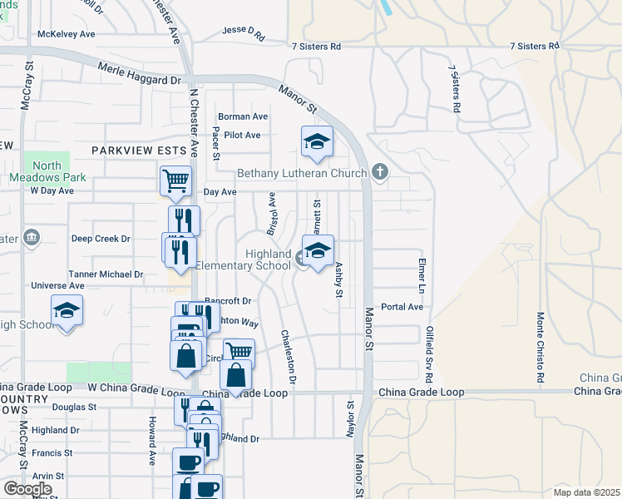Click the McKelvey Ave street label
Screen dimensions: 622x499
(x=67, y=34)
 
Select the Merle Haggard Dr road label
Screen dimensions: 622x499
(x=139, y=75)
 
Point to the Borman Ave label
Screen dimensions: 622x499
(x=243, y=116)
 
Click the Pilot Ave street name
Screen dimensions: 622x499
(x=242, y=135)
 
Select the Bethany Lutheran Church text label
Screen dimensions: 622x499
(x=302, y=174)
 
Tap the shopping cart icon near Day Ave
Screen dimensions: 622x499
(x=175, y=180)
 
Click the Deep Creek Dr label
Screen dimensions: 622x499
(x=101, y=239)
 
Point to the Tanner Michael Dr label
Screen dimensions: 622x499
(x=106, y=274)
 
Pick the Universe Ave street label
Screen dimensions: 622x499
(x=57, y=286)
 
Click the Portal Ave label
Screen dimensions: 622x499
(x=402, y=307)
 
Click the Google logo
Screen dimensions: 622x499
(x=27, y=488)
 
